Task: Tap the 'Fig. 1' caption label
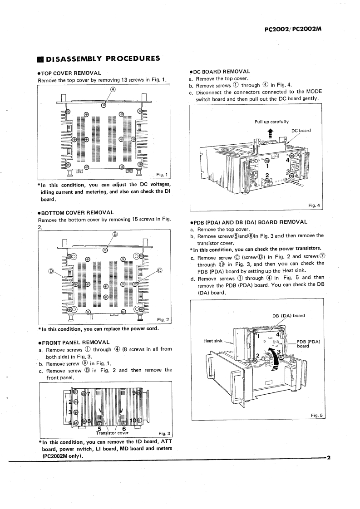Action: (162, 175)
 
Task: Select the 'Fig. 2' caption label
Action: (163, 320)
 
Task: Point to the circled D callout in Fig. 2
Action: (51, 272)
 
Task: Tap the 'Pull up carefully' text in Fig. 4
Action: (271, 122)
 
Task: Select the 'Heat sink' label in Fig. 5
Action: (213, 341)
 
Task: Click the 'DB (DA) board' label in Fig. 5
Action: (289, 316)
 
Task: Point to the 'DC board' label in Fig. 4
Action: (301, 131)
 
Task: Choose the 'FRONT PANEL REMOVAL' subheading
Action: (74, 342)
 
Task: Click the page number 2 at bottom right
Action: (329, 457)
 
